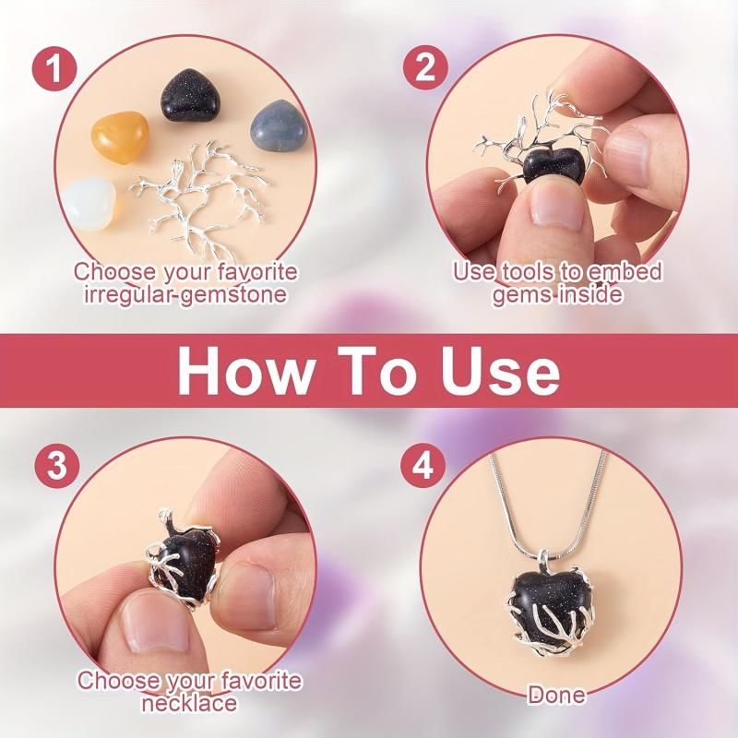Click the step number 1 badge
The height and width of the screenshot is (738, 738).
point(54,68)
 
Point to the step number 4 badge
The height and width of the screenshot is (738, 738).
point(423,466)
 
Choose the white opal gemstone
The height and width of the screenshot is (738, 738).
point(95,201)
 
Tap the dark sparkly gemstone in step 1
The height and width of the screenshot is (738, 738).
point(188,97)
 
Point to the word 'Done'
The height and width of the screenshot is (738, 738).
point(556,696)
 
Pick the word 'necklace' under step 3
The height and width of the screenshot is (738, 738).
point(189,702)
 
